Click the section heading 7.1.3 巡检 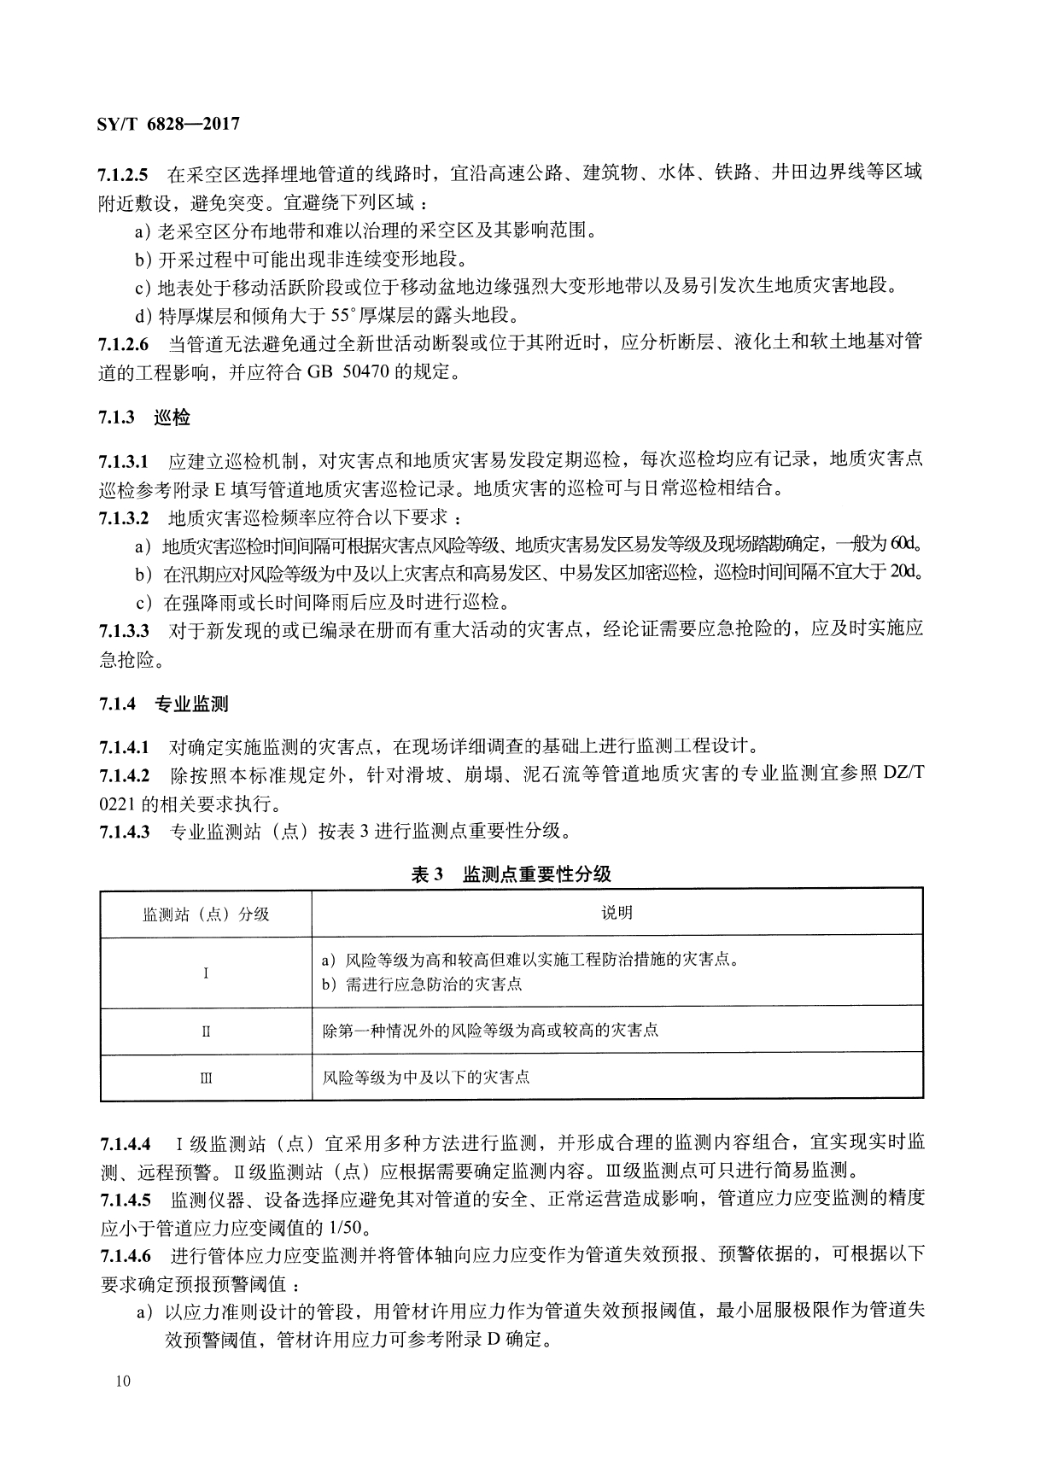144,418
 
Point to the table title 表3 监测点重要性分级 511,874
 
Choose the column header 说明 617,913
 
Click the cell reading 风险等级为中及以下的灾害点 426,1078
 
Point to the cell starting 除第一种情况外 490,1031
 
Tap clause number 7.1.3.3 124,631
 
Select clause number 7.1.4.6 126,1255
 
